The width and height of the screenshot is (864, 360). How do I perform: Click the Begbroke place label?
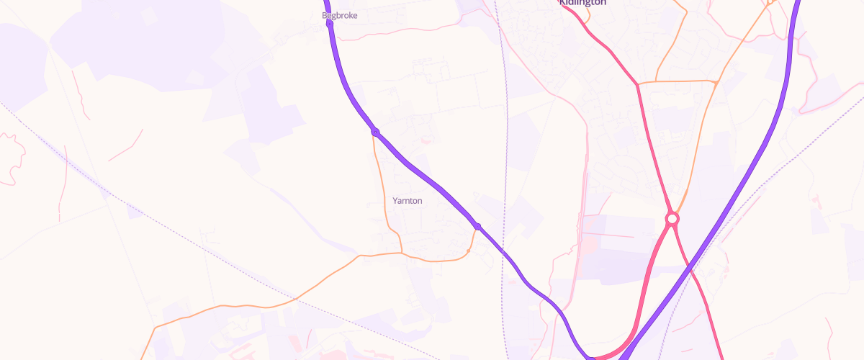click(339, 15)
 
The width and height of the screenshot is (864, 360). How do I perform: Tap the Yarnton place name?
click(408, 201)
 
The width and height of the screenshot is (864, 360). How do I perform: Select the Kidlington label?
click(582, 3)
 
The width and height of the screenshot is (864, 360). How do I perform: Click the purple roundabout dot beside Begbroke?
click(330, 23)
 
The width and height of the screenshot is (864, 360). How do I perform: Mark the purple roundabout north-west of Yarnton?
click(375, 132)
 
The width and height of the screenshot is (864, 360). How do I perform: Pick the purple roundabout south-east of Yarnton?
click(477, 227)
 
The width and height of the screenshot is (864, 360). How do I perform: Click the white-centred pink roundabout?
click(672, 218)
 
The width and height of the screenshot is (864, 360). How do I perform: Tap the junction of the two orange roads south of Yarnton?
click(401, 253)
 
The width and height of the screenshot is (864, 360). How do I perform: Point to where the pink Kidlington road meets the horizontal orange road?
click(638, 84)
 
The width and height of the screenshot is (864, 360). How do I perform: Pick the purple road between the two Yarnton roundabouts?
click(428, 179)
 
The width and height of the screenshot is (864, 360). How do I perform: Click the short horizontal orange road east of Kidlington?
click(677, 81)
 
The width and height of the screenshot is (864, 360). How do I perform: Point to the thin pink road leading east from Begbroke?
click(403, 30)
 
